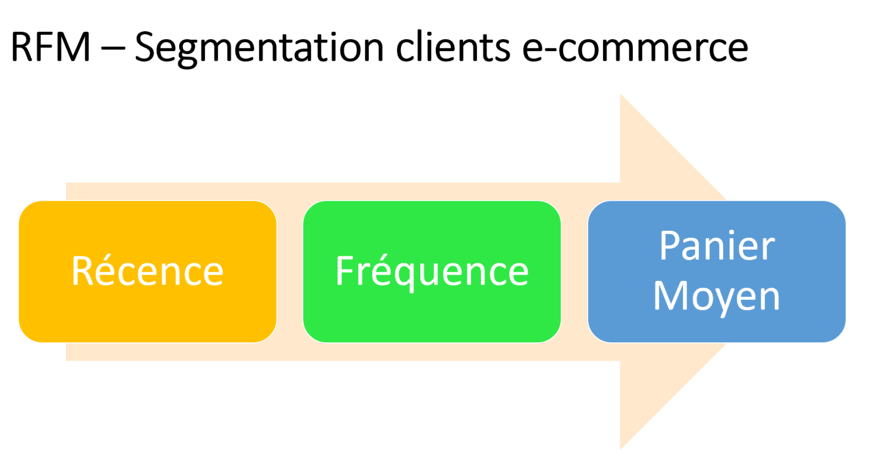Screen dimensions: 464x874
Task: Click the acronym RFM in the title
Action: coord(50,47)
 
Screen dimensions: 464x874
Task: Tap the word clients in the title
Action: coord(453,47)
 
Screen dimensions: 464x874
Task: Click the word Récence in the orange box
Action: coord(147,271)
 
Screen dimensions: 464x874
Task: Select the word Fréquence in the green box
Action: coord(432,272)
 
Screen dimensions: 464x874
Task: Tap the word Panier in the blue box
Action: coord(717,246)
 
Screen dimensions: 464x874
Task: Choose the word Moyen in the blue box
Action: coord(716,296)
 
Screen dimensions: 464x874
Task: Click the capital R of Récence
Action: coord(83,271)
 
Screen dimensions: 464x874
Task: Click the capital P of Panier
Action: coord(670,246)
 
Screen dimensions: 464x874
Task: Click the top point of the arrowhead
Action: coord(621,97)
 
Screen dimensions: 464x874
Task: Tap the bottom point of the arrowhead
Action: coord(621,448)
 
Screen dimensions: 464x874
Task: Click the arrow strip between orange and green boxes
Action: coord(290,272)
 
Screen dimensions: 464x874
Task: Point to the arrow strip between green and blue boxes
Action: coord(574,272)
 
